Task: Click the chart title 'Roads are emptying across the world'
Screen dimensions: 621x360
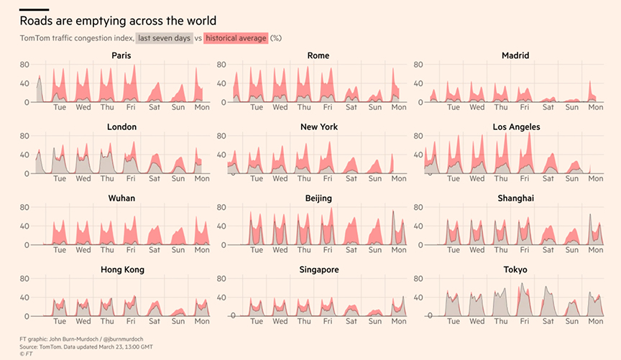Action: [118, 21]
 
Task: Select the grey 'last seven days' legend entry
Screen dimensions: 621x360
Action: [165, 38]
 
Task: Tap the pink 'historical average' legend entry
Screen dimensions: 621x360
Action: [236, 38]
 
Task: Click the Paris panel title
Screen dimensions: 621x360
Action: [121, 55]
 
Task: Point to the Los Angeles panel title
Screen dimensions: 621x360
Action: [517, 127]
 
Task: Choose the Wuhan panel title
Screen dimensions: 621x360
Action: [121, 198]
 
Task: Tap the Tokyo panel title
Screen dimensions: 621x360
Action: [515, 269]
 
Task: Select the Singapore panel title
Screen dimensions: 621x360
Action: [319, 269]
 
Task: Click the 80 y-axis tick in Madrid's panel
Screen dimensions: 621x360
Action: [418, 65]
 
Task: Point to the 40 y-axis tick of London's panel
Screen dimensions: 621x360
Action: [24, 155]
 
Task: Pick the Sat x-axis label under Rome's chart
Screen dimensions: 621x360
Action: [351, 107]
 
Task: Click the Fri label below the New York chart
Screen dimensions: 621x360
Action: [328, 179]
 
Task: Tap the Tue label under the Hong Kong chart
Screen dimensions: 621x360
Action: [60, 321]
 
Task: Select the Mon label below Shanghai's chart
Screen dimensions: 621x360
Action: [596, 250]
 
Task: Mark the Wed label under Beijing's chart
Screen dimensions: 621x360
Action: [280, 250]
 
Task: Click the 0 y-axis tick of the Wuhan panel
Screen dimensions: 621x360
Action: [27, 245]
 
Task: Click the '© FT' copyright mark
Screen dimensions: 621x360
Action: [26, 354]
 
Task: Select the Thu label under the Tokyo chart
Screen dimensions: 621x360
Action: [501, 321]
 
